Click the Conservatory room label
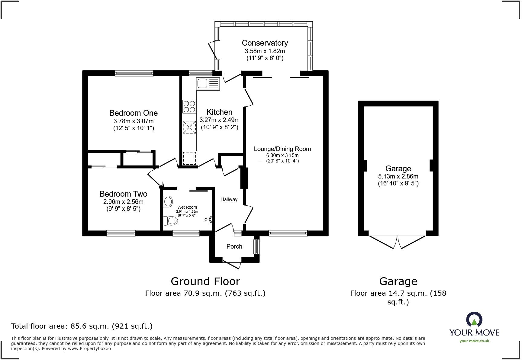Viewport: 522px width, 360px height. [x=265, y=43]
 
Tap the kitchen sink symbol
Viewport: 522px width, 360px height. [x=208, y=83]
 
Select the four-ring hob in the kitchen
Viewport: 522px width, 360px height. [x=189, y=107]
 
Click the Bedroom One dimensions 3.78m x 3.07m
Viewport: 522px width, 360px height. [x=133, y=121]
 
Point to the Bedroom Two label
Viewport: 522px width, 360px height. [x=123, y=194]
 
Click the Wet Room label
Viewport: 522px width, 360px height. [x=187, y=207]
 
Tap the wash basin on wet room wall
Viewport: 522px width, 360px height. [x=209, y=219]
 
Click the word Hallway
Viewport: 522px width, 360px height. [x=229, y=199]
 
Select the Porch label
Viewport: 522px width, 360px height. [x=234, y=246]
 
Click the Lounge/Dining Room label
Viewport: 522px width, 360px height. [x=282, y=149]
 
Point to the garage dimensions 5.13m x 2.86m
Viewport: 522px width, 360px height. [x=398, y=176]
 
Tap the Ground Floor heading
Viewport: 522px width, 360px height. [x=205, y=281]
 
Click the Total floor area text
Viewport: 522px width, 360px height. [x=82, y=326]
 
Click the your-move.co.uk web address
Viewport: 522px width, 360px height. [x=474, y=341]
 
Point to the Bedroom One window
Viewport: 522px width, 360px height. [x=134, y=73]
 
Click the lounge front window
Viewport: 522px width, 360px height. [x=288, y=233]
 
